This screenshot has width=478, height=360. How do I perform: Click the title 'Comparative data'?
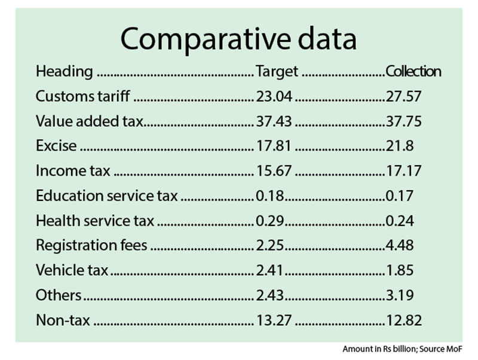(x=238, y=39)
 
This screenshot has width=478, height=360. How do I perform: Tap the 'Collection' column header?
(x=413, y=71)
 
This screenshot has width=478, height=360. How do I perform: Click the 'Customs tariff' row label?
(x=82, y=96)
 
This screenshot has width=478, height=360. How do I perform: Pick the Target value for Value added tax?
(x=274, y=121)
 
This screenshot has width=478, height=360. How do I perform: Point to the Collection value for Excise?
(x=400, y=145)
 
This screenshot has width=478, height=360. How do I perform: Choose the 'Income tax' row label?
(x=73, y=170)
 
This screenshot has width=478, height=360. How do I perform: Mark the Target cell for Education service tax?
(x=270, y=196)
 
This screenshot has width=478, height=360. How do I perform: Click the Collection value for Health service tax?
(x=400, y=221)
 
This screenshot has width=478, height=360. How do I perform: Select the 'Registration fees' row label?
(x=91, y=245)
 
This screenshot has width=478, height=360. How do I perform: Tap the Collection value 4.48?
(x=400, y=245)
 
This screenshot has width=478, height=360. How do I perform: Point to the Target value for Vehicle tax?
(x=269, y=270)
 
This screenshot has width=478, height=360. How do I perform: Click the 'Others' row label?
(x=59, y=295)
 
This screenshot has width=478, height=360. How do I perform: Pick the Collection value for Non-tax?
(x=404, y=320)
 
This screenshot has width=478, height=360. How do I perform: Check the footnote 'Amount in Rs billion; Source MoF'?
(x=402, y=349)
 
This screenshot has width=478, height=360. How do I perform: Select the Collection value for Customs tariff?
(x=404, y=96)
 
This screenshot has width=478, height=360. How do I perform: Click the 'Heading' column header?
(x=65, y=72)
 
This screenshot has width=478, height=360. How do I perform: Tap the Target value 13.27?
(x=274, y=320)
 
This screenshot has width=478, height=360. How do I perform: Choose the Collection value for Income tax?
(x=404, y=170)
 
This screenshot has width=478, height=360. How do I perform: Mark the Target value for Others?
(x=270, y=295)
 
